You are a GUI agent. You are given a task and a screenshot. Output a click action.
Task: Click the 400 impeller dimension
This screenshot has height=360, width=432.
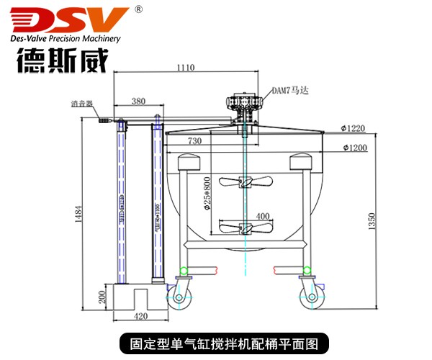(262, 215)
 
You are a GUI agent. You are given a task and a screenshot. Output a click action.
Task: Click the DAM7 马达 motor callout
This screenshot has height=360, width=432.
(288, 91)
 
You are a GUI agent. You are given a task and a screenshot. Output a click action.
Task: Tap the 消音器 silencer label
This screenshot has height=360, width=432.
(82, 104)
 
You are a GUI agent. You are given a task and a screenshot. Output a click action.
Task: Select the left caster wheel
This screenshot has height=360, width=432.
(179, 295)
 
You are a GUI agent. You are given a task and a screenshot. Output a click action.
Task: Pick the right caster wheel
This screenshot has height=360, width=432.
(312, 295)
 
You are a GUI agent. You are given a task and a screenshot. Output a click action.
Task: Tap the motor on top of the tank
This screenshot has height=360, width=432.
(244, 108)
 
